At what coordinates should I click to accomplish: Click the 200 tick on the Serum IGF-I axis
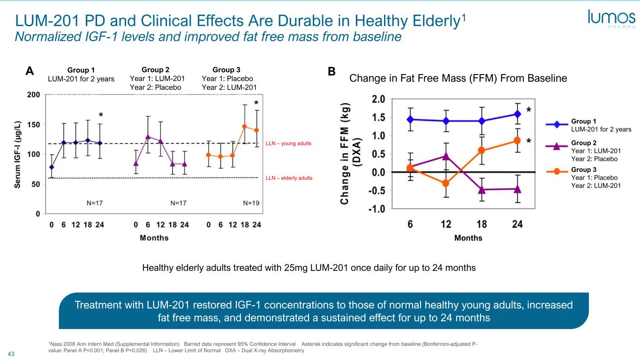(33, 94)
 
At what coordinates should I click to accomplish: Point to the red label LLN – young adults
(288, 143)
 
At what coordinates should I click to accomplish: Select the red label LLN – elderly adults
(289, 178)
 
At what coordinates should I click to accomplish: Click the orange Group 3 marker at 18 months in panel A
(244, 126)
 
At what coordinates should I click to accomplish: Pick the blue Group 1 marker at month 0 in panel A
(52, 167)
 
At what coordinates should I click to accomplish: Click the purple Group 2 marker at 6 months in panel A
(148, 136)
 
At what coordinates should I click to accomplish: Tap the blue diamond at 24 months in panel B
(517, 114)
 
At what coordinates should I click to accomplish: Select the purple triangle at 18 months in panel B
(482, 189)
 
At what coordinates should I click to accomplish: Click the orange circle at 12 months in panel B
(446, 183)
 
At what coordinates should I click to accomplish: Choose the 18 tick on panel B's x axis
(482, 224)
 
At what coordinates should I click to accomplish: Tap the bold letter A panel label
(30, 71)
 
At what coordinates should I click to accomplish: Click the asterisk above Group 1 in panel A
(101, 115)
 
